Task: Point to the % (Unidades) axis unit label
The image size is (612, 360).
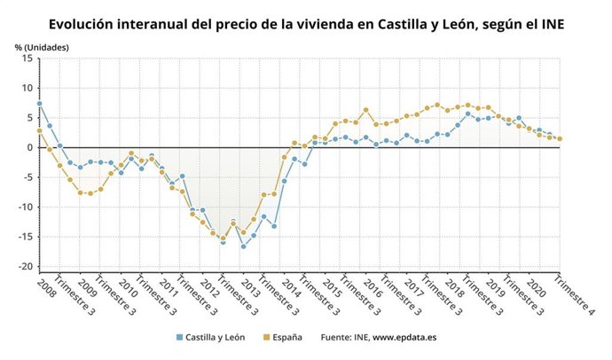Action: pyautogui.click(x=42, y=45)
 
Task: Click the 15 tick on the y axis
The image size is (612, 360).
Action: pyautogui.click(x=27, y=58)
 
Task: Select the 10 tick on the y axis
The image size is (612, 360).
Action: pyautogui.click(x=27, y=88)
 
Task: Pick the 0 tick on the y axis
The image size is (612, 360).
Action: pyautogui.click(x=30, y=147)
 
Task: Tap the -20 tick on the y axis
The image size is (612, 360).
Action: pyautogui.click(x=26, y=267)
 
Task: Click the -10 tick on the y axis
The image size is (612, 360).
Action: pyautogui.click(x=26, y=207)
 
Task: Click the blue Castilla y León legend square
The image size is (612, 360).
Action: pyautogui.click(x=178, y=337)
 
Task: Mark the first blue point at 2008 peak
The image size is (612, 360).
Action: pyautogui.click(x=40, y=104)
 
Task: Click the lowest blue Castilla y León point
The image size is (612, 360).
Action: pyautogui.click(x=243, y=247)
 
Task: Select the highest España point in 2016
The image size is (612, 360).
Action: pyautogui.click(x=365, y=110)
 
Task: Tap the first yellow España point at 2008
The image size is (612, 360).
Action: pyautogui.click(x=40, y=130)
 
